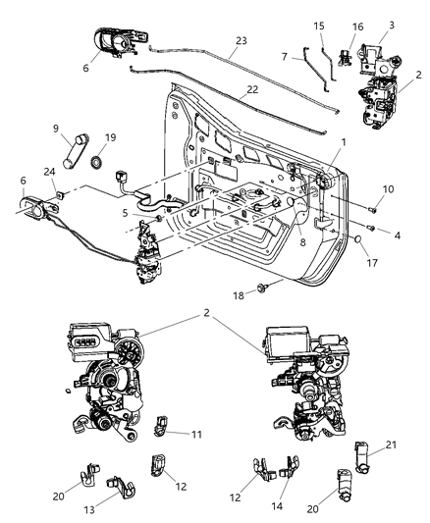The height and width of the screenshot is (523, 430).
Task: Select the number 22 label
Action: pos(227,90)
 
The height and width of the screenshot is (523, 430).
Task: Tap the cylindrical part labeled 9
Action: pos(73,154)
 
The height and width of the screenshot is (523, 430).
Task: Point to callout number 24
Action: pos(49,175)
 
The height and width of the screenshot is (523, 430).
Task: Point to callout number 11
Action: pos(197,432)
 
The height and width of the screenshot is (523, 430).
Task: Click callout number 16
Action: pos(329,26)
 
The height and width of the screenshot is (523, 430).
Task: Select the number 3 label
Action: pos(392,25)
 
